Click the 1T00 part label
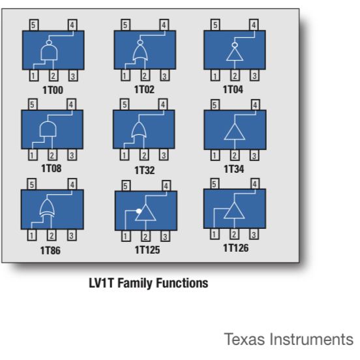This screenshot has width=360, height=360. (53, 90)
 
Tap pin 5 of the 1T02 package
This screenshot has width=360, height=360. (126, 25)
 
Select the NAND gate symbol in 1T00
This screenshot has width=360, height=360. (49, 50)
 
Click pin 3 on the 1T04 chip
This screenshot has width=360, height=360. (254, 76)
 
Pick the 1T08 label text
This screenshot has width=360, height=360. (52, 168)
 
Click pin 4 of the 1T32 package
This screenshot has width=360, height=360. (163, 104)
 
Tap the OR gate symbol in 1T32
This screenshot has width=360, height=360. (139, 130)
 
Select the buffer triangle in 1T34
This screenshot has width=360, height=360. (235, 132)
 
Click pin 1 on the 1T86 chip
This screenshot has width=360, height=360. (32, 235)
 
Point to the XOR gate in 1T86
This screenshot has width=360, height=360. (47, 208)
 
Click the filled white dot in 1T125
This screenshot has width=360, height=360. (139, 211)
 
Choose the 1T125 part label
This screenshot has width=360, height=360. (147, 250)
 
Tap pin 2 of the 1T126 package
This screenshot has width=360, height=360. (234, 234)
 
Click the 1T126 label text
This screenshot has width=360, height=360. (236, 248)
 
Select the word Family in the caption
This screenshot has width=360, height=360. (135, 283)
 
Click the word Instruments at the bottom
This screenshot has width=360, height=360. (311, 339)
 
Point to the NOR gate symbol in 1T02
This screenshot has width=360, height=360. (140, 50)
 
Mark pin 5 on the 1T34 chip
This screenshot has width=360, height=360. (215, 105)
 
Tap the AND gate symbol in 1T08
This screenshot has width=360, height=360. (48, 129)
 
